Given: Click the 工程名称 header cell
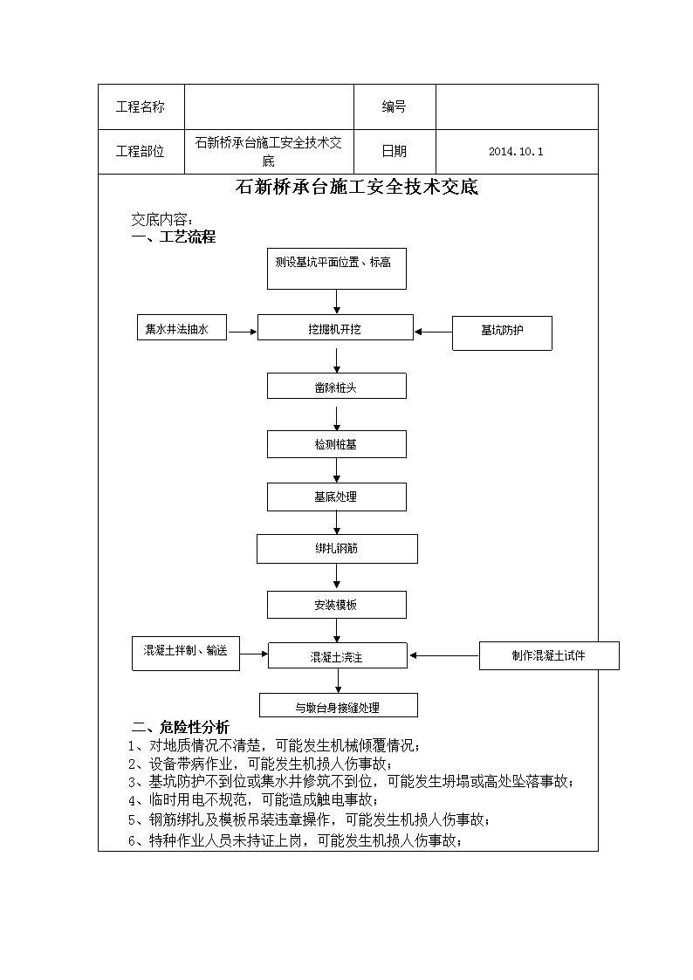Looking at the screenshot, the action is click(x=141, y=106).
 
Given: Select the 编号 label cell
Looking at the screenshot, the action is click(x=395, y=106).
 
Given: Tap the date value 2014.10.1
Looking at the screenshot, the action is click(x=516, y=152).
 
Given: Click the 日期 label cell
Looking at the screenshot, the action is click(x=395, y=152).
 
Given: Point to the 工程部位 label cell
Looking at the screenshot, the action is click(x=141, y=152).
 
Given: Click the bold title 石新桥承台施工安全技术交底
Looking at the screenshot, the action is click(x=357, y=187).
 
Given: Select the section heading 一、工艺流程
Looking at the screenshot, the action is click(x=174, y=236).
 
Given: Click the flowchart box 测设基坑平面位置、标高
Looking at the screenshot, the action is click(x=337, y=269).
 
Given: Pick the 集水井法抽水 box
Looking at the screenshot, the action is click(x=182, y=328).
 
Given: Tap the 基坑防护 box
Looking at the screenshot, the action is click(x=503, y=333).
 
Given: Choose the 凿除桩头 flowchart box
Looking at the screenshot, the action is click(x=337, y=387).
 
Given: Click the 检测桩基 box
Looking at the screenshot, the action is click(x=337, y=444).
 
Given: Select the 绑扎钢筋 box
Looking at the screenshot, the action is click(x=338, y=549).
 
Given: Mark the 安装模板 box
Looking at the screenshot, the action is click(x=337, y=605).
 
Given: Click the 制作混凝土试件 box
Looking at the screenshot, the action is click(x=549, y=655).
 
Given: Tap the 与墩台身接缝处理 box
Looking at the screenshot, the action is click(x=339, y=706).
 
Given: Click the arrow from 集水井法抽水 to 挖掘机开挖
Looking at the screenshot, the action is click(x=243, y=332).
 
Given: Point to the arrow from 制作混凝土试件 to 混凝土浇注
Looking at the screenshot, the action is click(x=444, y=655).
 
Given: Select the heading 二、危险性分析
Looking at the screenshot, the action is click(x=181, y=727).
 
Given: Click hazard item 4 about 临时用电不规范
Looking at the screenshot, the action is click(x=253, y=799).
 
